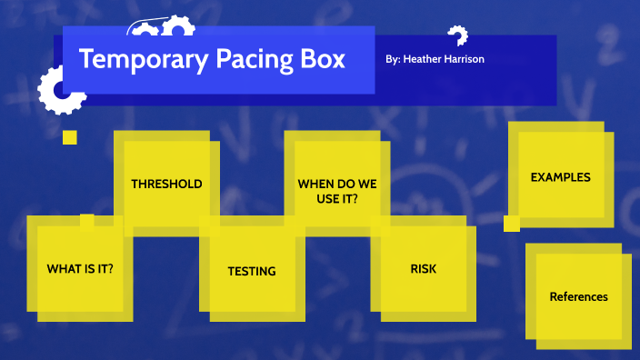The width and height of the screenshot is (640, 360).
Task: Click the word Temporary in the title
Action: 127,60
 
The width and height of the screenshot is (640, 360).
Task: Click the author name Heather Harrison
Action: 448,58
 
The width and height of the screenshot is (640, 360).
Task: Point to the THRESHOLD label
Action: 166,184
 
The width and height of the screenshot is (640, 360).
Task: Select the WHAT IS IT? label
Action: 86,269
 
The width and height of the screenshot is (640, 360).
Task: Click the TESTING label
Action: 252,271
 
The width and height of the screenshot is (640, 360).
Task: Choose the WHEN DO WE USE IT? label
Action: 337,191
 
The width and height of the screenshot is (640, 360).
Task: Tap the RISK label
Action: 424,268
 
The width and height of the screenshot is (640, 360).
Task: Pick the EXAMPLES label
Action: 560,177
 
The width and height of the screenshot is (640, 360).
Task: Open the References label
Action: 578,296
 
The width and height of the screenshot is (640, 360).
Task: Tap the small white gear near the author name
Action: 457,35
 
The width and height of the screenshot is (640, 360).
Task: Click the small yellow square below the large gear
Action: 69,137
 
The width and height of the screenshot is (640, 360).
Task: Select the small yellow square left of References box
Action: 512,224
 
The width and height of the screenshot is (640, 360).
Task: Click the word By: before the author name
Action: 393,58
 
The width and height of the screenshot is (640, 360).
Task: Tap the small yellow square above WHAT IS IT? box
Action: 86,219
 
